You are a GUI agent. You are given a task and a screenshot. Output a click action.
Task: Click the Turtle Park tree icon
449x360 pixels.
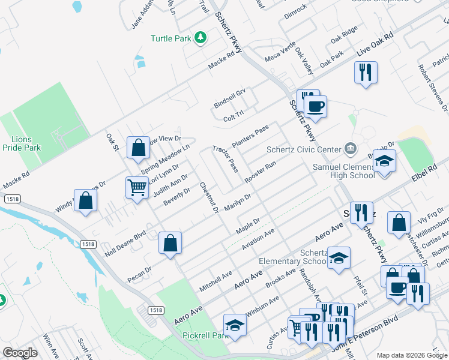click(x=201, y=38)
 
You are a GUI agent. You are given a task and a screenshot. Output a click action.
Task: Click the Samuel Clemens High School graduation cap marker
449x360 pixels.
click(x=384, y=161)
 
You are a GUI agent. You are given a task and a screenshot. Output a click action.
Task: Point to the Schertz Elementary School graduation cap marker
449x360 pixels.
click(x=339, y=258)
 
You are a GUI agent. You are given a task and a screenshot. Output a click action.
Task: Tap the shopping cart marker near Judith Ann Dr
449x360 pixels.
click(x=137, y=188)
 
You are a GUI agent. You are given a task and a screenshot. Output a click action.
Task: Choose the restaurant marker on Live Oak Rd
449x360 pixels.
click(x=366, y=73)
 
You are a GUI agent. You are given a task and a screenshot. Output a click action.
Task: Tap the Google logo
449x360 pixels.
click(x=20, y=352)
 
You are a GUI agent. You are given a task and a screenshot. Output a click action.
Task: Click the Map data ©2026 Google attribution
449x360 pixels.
click(x=412, y=355)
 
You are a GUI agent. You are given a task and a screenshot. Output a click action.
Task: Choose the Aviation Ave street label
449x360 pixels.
click(x=258, y=239)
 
